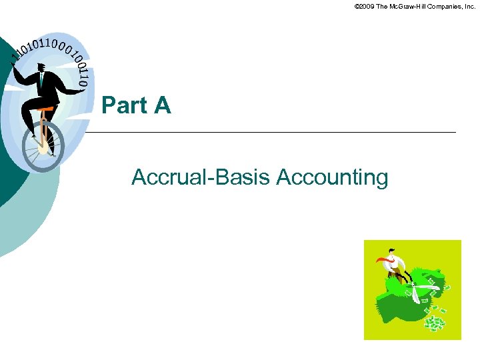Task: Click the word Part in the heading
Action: [x=123, y=105]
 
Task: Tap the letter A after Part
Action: [x=162, y=105]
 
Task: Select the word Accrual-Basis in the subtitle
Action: [x=200, y=177]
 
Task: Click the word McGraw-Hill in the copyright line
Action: [x=409, y=6]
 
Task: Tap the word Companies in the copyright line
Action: [x=446, y=6]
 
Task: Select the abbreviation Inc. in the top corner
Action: [x=470, y=6]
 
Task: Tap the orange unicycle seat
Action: [x=45, y=108]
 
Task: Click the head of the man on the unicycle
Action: [x=41, y=67]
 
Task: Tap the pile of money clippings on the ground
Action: [x=433, y=323]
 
